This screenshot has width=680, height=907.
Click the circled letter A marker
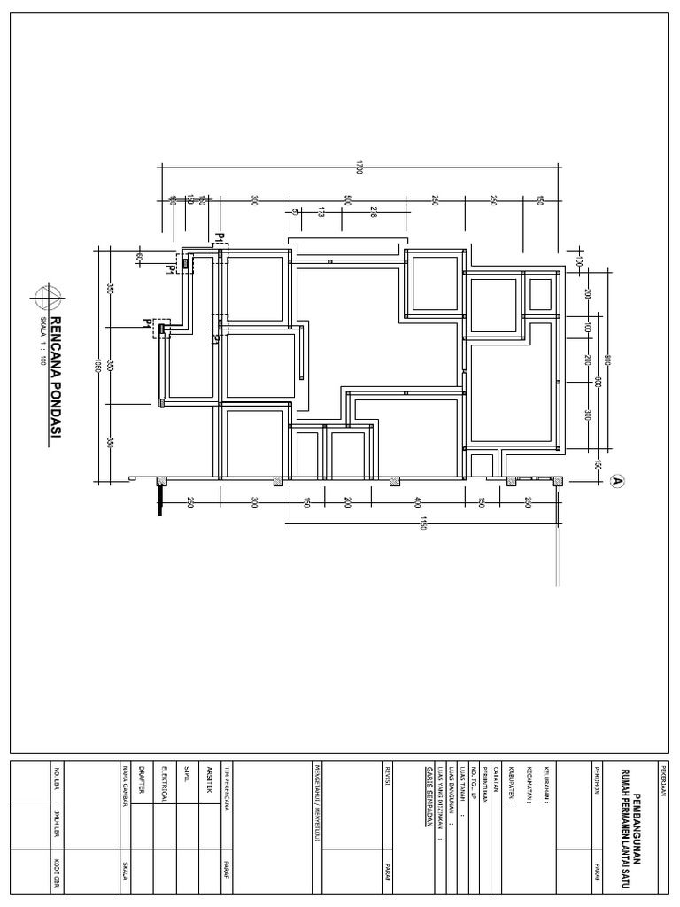[618, 481]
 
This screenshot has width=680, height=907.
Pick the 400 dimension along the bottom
[417, 502]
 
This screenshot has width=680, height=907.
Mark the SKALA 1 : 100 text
[41, 341]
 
